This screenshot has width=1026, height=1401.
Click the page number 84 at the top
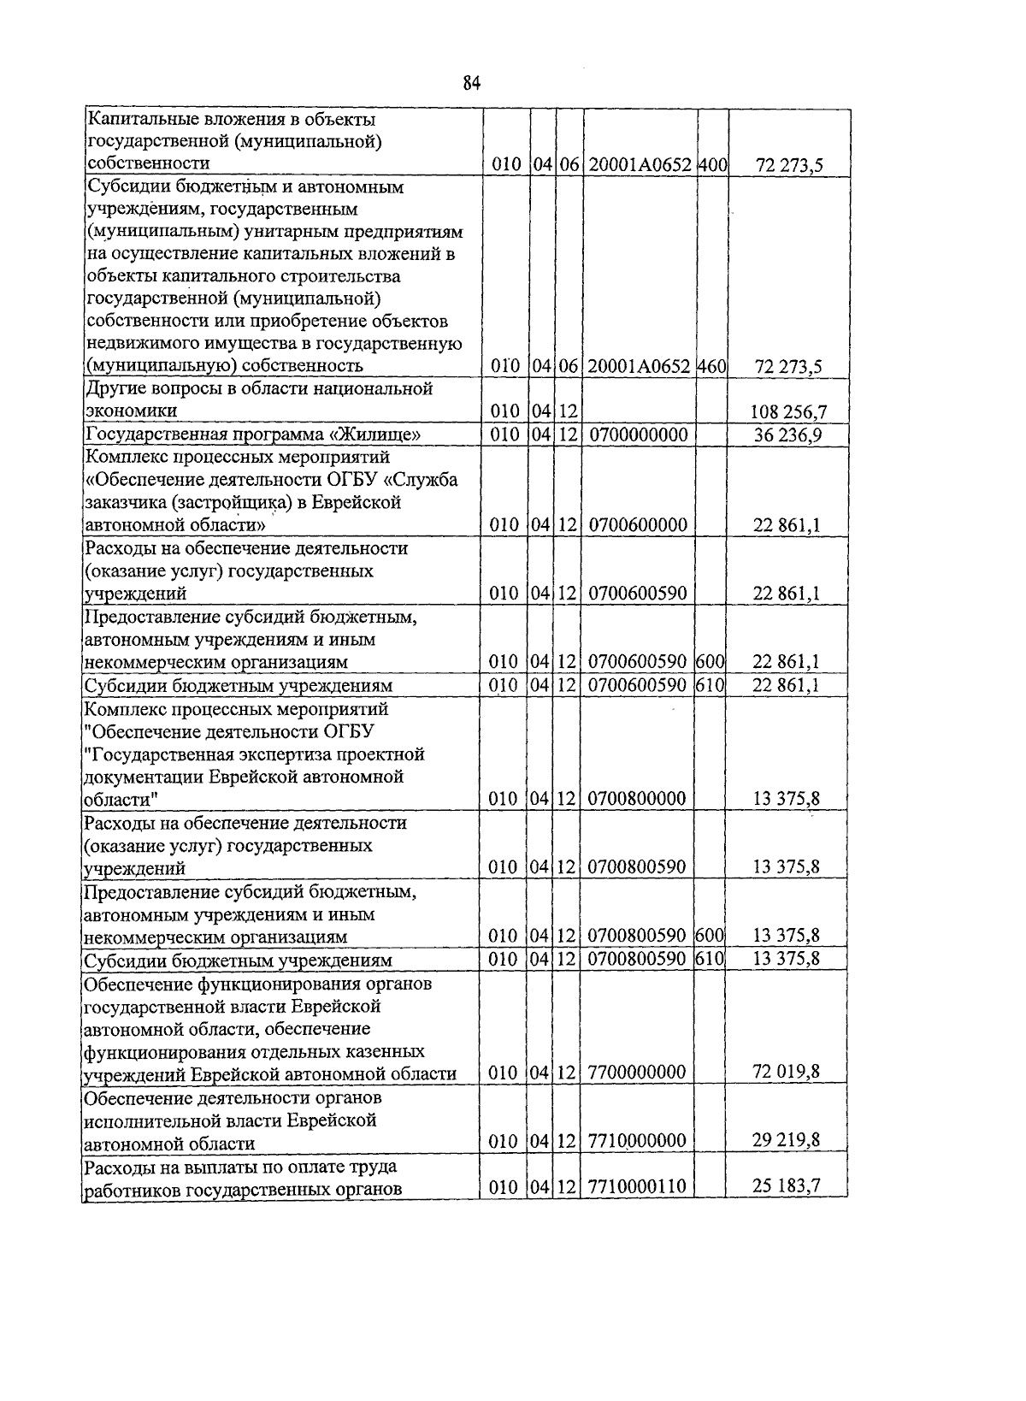(x=472, y=83)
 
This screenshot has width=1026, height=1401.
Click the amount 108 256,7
(x=788, y=412)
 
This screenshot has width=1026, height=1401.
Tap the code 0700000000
(x=639, y=434)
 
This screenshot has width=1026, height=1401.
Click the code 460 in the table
(x=711, y=366)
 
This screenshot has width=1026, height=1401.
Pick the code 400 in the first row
(x=711, y=164)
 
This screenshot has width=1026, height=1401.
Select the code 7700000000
(x=638, y=1073)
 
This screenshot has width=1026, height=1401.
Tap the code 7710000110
(x=638, y=1187)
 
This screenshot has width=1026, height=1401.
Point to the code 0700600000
(x=638, y=524)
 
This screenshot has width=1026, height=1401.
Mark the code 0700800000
(x=638, y=799)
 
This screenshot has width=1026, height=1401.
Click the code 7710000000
(x=638, y=1141)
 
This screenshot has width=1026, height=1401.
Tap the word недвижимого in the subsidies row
(x=140, y=344)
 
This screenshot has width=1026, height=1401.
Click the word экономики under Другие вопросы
(x=127, y=411)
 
